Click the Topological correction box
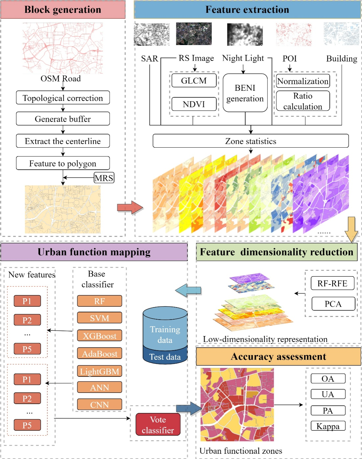[63, 98]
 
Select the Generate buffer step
[63, 119]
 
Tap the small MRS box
[104, 178]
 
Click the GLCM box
[194, 81]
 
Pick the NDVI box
[194, 104]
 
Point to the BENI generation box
[245, 93]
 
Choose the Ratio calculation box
[303, 101]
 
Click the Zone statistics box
[250, 141]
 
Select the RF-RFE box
[332, 283]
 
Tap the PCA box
[333, 304]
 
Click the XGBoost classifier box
[99, 336]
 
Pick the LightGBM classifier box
[99, 371]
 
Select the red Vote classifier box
[158, 424]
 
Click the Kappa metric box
[328, 426]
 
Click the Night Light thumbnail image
[245, 34]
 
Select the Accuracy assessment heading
[278, 357]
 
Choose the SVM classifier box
[99, 318]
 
